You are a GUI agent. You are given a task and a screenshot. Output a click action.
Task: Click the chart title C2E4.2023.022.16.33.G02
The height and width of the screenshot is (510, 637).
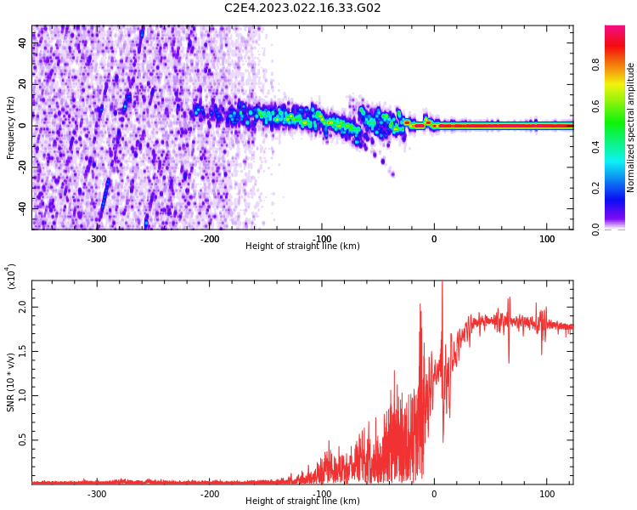(x=302, y=8)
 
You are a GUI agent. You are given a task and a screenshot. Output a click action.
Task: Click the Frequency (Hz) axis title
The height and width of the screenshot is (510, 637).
(x=11, y=127)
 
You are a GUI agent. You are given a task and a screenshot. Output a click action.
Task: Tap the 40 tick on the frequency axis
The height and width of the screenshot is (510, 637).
(x=23, y=43)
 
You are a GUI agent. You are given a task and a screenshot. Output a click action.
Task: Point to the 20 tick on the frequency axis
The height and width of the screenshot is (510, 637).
(x=23, y=84)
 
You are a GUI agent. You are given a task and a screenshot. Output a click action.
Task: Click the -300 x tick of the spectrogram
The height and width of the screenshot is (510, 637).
(x=97, y=238)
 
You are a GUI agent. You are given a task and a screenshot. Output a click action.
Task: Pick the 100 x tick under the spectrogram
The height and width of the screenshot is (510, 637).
(x=547, y=238)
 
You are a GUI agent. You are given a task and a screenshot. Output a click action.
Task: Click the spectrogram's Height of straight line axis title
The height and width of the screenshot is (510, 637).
(x=302, y=246)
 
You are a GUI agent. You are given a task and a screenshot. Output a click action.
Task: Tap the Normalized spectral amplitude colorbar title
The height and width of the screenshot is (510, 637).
(x=631, y=127)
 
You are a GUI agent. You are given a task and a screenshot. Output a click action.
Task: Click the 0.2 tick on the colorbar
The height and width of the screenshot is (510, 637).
(x=619, y=187)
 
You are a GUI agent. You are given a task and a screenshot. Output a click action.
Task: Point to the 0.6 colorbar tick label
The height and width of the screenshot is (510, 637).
(x=619, y=105)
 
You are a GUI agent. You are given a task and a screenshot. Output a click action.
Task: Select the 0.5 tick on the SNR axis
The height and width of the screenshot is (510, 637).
(x=23, y=440)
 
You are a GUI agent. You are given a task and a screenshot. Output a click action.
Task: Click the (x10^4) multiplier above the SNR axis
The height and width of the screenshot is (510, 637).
(x=11, y=276)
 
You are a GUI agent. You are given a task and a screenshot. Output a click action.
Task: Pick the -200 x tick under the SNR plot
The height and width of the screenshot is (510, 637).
(x=209, y=493)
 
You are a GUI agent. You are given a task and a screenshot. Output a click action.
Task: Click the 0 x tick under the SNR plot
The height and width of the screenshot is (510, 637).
(x=434, y=493)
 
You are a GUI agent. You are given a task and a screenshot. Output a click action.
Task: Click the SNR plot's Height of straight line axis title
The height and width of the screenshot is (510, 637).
(x=302, y=501)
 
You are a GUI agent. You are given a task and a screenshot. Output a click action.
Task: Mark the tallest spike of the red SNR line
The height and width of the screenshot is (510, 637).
(x=442, y=284)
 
